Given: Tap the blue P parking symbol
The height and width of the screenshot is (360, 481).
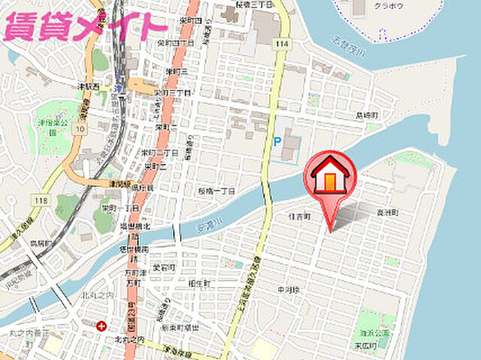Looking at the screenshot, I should [x=277, y=140].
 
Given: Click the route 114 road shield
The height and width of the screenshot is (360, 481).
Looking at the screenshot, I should [x=282, y=45].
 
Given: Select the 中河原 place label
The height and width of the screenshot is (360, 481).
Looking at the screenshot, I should [x=289, y=289].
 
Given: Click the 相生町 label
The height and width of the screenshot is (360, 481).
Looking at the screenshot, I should [x=198, y=283].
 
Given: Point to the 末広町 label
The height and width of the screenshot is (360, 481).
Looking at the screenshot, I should [x=368, y=344].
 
